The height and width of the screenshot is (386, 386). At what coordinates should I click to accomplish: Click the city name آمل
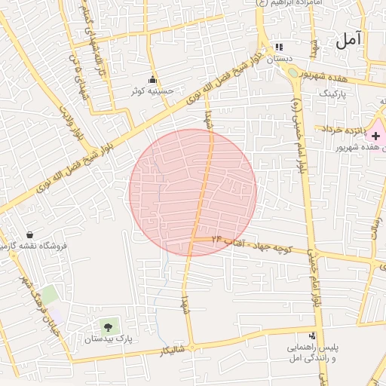coord(351,39)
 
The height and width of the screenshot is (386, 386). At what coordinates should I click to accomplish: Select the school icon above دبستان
coord(280,47)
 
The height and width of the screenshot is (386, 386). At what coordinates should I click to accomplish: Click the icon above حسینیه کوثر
coord(153,80)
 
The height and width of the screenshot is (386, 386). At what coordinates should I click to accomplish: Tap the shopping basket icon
coord(29,235)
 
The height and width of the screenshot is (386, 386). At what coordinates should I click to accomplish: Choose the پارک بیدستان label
coord(108,339)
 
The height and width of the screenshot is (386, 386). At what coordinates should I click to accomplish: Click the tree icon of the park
coord(108,327)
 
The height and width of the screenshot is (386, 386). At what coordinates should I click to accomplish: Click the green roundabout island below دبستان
coord(293,73)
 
